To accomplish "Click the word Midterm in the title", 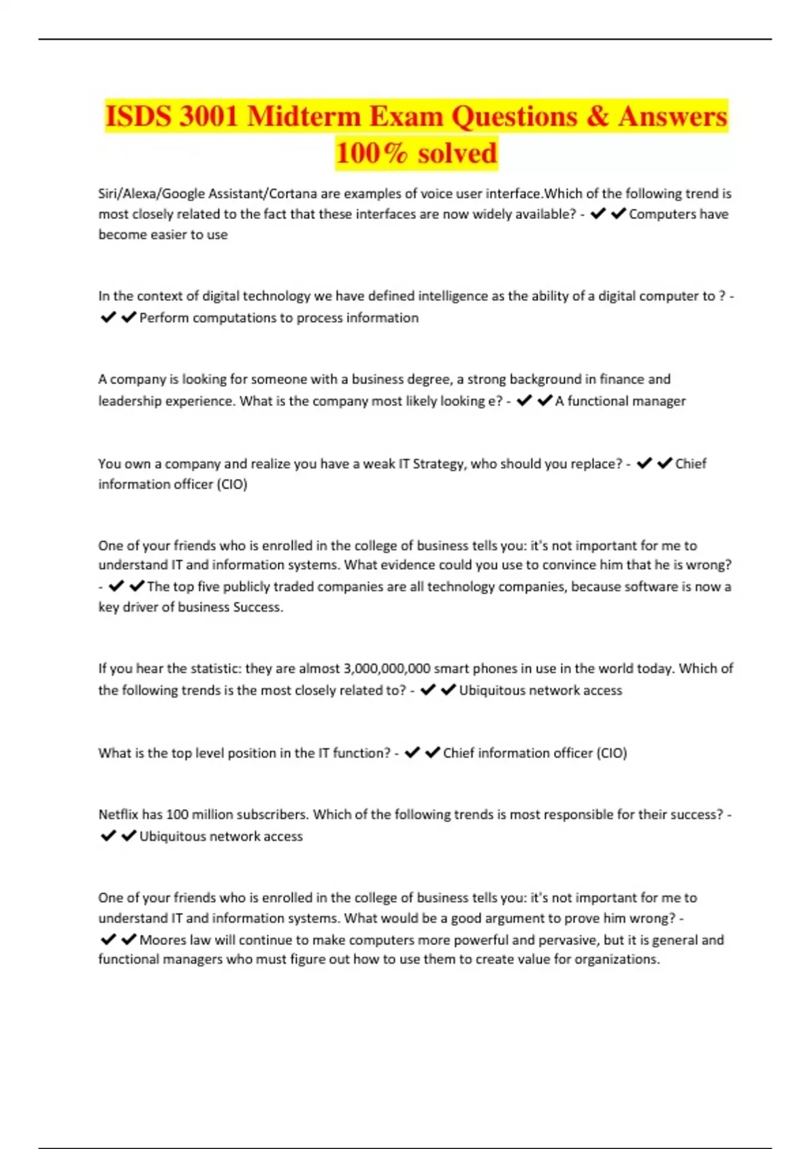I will (x=303, y=116).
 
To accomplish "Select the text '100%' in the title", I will (x=372, y=153).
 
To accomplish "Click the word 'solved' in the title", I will (x=457, y=153).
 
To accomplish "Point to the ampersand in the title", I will (x=597, y=116).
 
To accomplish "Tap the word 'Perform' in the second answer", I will (x=164, y=318).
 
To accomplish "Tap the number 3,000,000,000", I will (x=387, y=668).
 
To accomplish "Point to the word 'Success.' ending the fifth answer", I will (x=257, y=607).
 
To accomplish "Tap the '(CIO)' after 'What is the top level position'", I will (x=612, y=753).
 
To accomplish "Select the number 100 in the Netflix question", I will (x=177, y=814).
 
